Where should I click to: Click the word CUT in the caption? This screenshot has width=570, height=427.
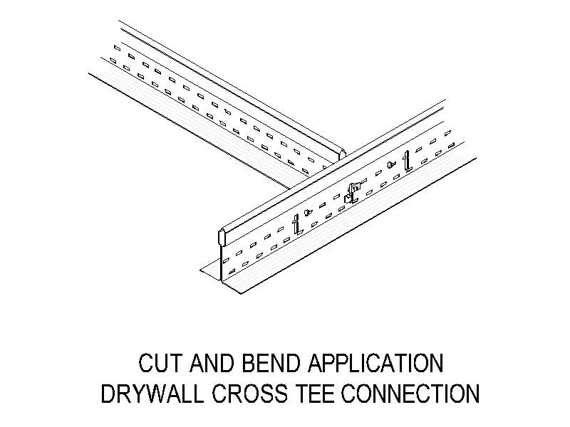[160, 363]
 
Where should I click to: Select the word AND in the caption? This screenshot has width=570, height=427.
[211, 363]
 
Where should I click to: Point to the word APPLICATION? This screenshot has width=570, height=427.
[375, 363]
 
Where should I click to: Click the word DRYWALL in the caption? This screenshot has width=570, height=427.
[152, 394]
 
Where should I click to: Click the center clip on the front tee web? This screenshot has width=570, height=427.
[351, 192]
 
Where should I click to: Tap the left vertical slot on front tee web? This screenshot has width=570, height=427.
[297, 224]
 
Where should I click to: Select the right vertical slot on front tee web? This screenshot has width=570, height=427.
[408, 162]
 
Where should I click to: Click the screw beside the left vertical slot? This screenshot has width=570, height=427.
[309, 211]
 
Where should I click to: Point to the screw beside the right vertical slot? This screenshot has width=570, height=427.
[390, 165]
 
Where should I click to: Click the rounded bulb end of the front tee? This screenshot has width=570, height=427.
[222, 237]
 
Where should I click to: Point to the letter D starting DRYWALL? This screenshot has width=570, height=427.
[108, 394]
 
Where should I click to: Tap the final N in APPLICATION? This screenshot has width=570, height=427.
[436, 363]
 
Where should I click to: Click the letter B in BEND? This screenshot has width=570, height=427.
[249, 363]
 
